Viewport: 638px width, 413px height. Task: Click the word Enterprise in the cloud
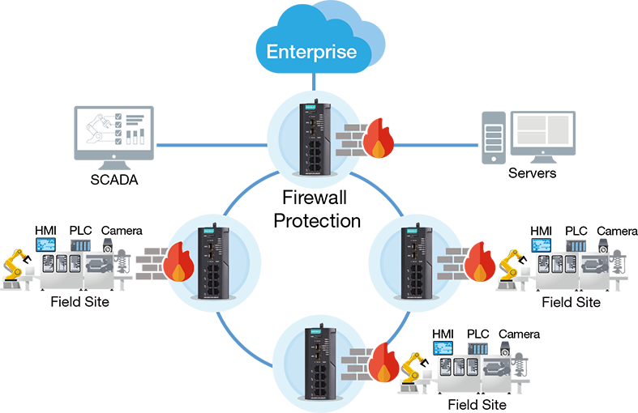(312, 53)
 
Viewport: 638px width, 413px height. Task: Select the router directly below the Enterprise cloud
(313, 138)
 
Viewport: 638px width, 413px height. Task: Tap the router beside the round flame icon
(212, 262)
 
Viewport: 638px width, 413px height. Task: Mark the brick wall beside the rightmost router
(451, 263)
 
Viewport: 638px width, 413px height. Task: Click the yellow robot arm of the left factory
(15, 254)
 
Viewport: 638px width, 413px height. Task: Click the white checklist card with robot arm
(113, 130)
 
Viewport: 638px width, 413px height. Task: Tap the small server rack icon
(490, 138)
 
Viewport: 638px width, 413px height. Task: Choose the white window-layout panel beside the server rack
(539, 130)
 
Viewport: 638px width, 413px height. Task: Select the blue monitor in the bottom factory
(444, 346)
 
